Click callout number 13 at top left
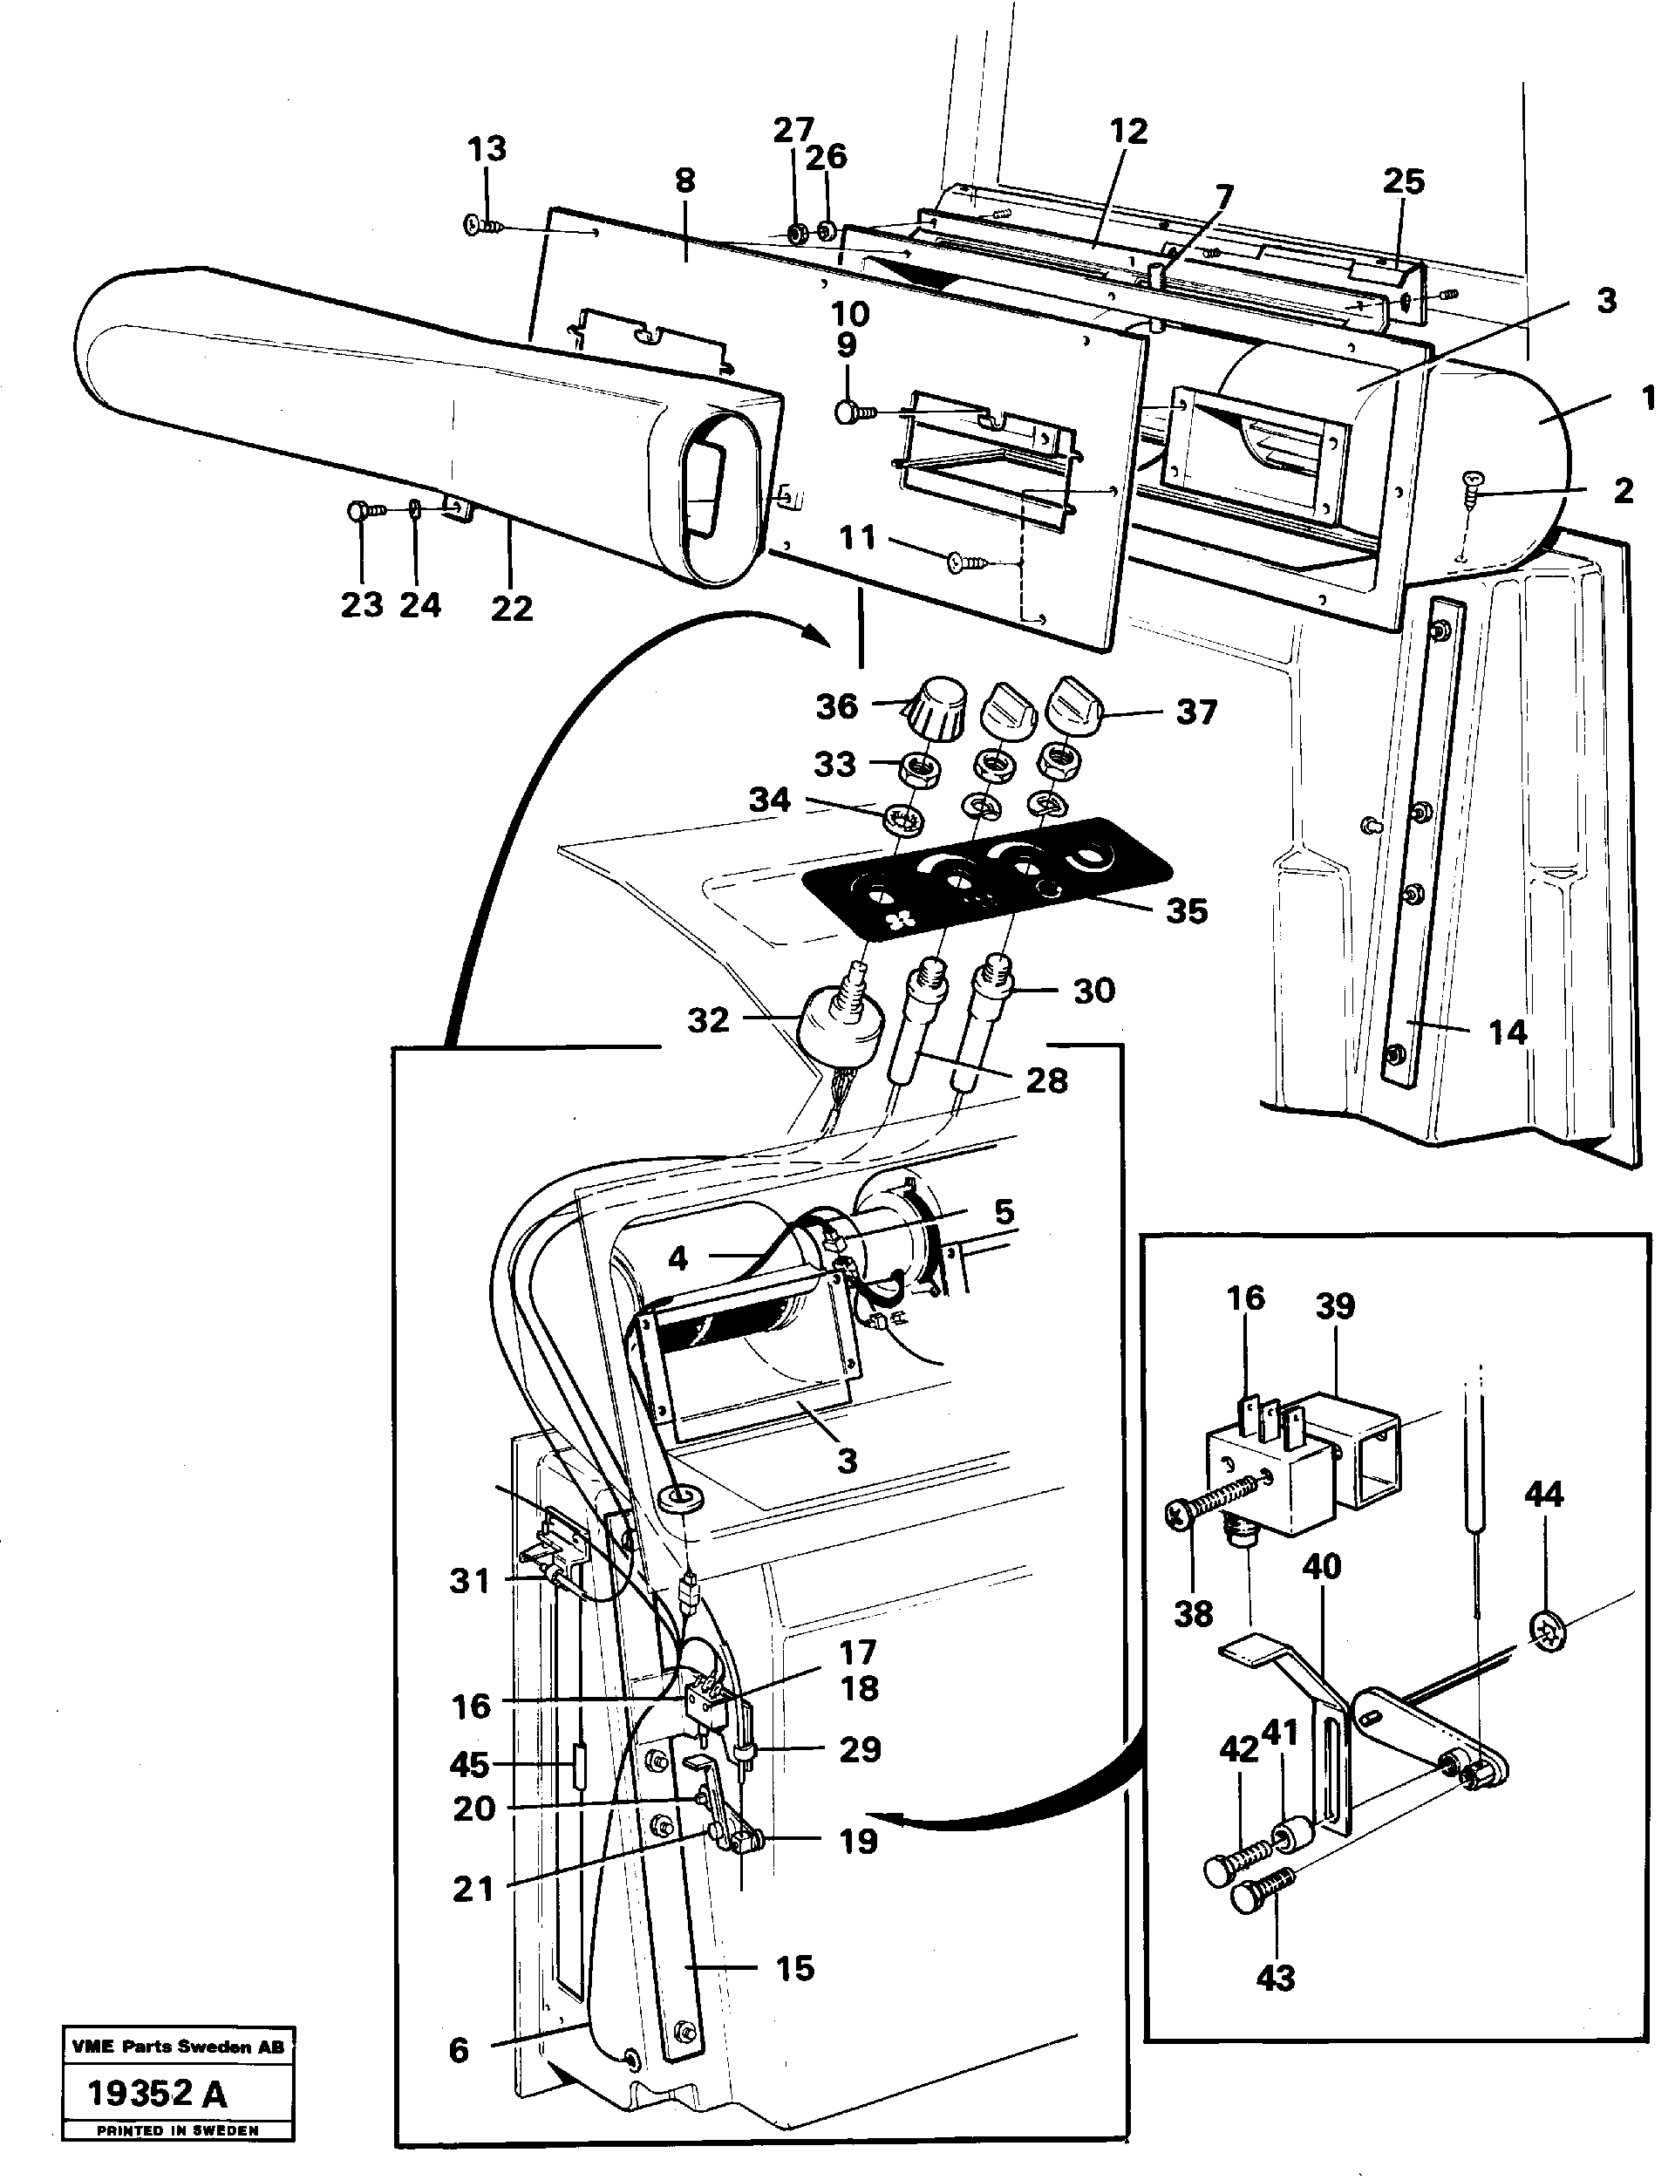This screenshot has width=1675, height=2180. click(x=487, y=149)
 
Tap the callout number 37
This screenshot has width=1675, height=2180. click(x=1195, y=712)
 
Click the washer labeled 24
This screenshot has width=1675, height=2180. click(x=414, y=511)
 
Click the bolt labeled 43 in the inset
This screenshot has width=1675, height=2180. click(x=1258, y=1890)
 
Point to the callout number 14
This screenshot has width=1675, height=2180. click(x=1508, y=1032)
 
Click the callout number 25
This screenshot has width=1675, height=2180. click(x=1403, y=181)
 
